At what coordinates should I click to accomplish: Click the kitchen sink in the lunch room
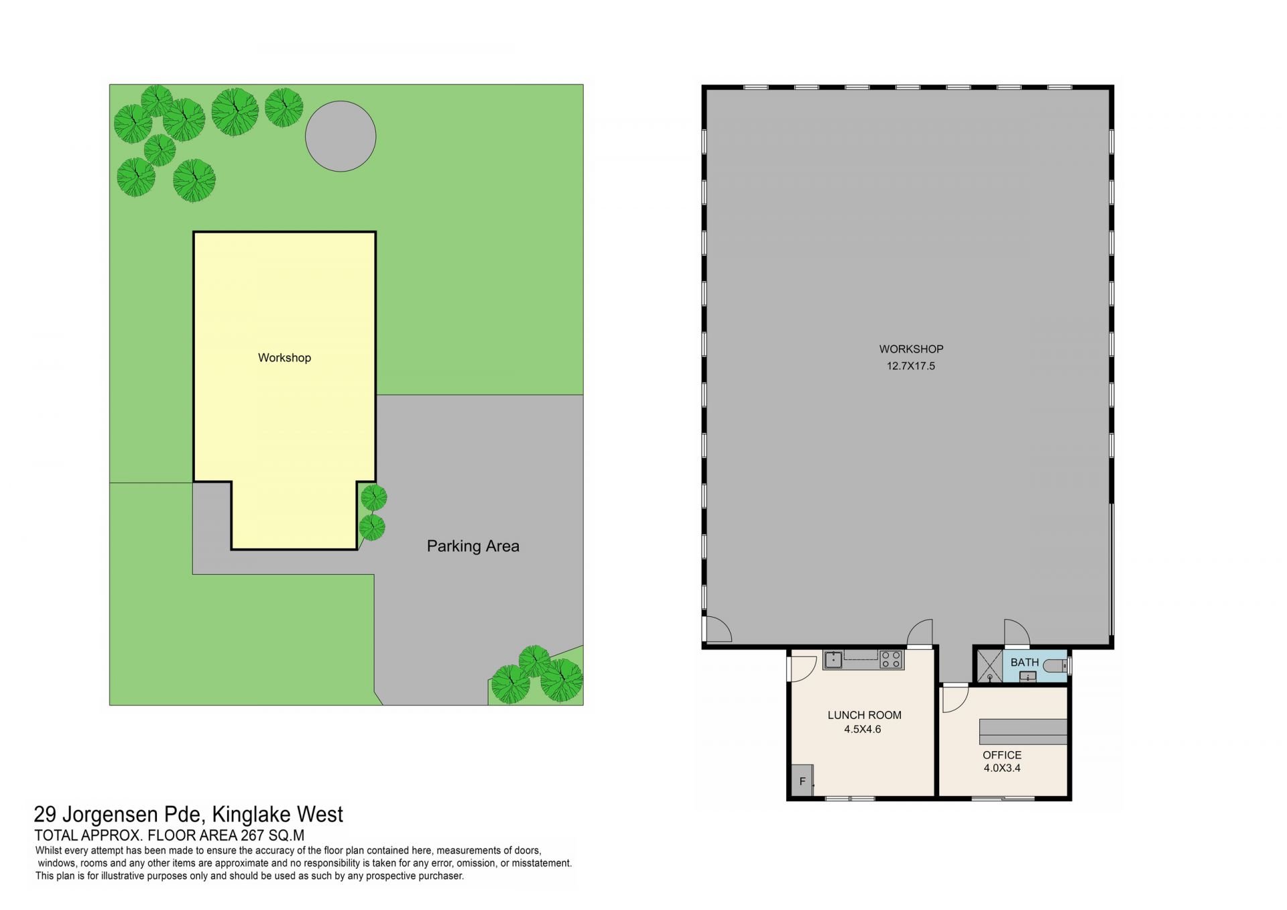coord(833,660)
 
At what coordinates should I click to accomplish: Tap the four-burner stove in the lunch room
coord(892,660)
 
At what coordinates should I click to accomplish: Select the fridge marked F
coord(802,781)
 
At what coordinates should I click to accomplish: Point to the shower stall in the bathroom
coord(989,666)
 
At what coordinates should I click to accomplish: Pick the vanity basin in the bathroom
coord(1028,677)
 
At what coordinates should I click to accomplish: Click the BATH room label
coord(1024,662)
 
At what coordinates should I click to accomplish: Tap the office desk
coord(1023,731)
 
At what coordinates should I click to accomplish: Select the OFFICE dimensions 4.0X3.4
coord(1002,768)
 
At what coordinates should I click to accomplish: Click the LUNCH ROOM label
coord(865,715)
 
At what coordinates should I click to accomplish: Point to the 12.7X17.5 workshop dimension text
coord(911,366)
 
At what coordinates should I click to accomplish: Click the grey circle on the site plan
coord(341,136)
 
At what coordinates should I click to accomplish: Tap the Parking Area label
coord(473,546)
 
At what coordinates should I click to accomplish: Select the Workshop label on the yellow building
coord(284,357)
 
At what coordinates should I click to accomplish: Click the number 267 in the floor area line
coord(251,835)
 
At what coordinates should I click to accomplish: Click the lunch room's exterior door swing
coord(802,668)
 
